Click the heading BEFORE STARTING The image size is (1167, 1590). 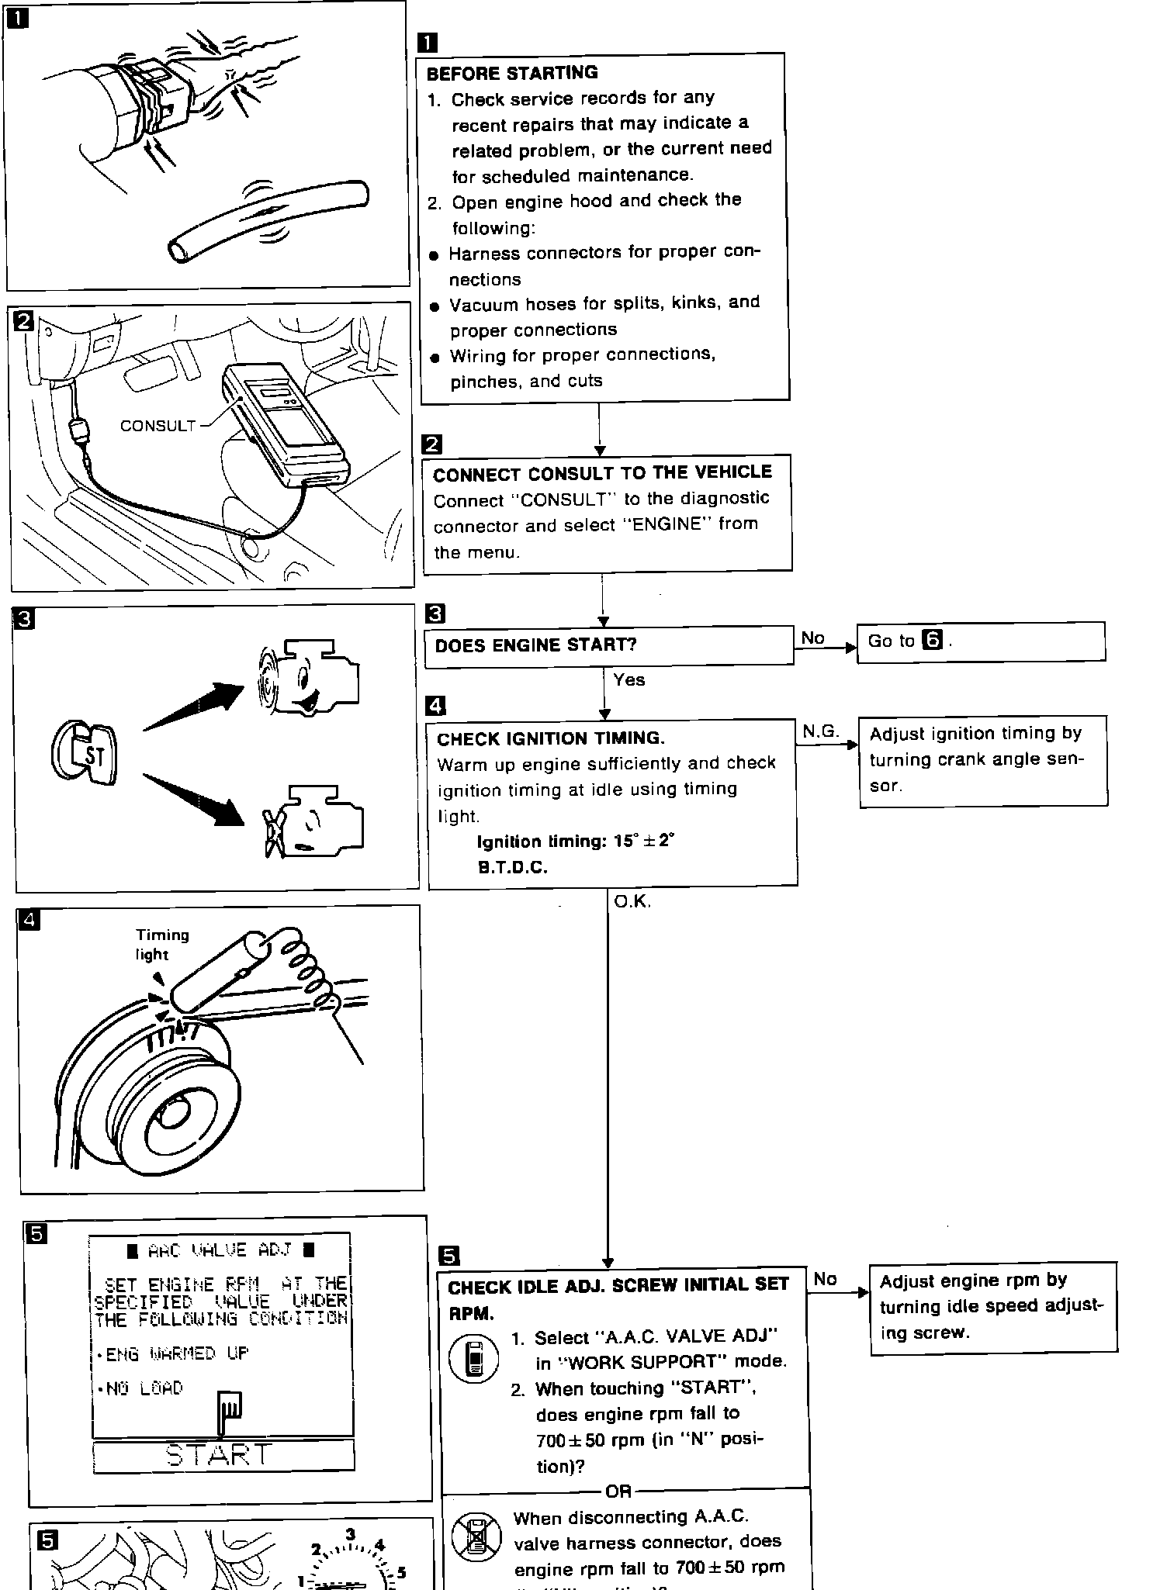click(512, 73)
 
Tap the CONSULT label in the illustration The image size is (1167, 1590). click(158, 425)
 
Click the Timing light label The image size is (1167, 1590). click(161, 944)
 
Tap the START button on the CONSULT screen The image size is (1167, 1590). click(223, 1455)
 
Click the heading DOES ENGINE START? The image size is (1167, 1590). click(535, 645)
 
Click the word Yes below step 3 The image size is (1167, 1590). click(629, 680)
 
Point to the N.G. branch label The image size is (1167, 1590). click(820, 731)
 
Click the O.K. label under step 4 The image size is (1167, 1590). click(632, 901)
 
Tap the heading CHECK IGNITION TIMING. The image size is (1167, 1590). click(551, 738)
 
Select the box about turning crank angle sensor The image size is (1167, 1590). click(982, 760)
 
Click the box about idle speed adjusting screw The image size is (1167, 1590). click(992, 1307)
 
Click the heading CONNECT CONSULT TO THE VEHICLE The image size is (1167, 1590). click(602, 473)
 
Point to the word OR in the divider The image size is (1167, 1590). click(618, 1491)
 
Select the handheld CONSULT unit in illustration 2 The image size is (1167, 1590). click(286, 427)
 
